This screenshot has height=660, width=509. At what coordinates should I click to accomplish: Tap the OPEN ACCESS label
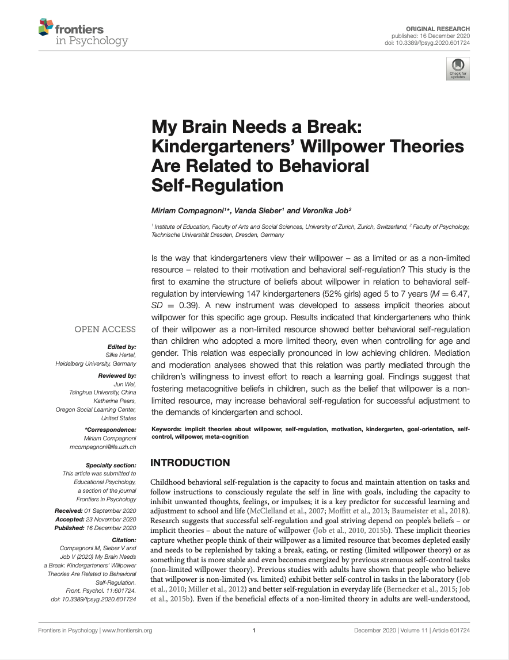tap(105, 329)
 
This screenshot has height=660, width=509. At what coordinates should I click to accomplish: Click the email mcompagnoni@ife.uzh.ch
tap(102, 447)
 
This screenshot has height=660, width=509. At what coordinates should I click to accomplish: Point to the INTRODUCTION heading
tap(190, 463)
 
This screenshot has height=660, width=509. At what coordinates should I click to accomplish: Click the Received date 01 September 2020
tap(110, 511)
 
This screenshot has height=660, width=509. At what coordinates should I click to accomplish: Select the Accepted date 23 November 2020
tap(110, 519)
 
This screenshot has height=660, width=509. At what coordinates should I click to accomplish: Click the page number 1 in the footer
tap(254, 630)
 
